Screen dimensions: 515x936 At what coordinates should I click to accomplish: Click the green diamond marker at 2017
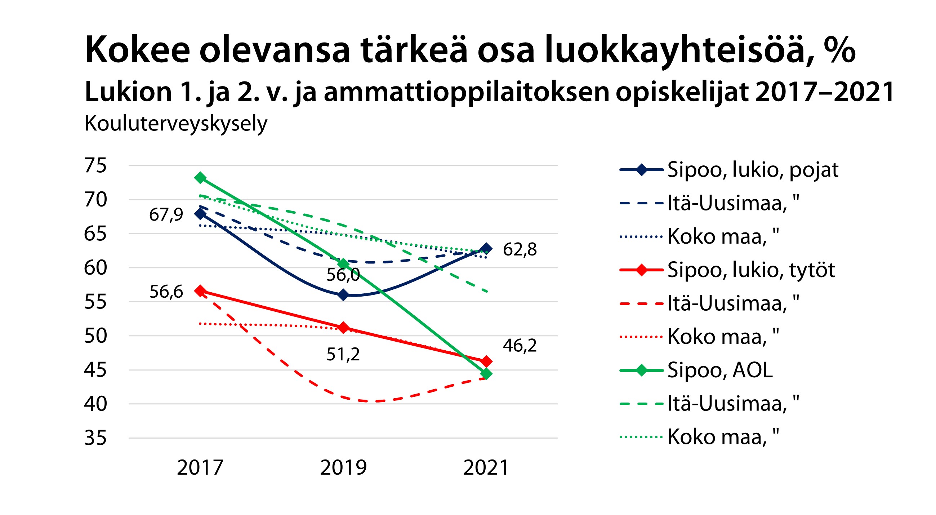point(200,178)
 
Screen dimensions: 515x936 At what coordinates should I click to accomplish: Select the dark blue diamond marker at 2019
point(343,295)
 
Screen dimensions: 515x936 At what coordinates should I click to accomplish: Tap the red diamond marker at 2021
point(486,361)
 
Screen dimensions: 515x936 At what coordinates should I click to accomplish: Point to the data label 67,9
point(166,214)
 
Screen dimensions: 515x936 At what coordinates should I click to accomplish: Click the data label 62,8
point(520,250)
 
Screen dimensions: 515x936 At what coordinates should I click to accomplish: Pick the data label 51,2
point(343,354)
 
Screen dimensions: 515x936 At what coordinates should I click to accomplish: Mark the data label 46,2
point(520,345)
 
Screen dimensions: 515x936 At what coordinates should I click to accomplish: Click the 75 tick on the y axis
point(95,165)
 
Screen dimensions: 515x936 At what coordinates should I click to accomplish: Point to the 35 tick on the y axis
point(95,438)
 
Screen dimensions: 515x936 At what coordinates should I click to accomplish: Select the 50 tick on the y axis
point(95,336)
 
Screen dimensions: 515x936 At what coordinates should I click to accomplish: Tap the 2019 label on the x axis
point(343,467)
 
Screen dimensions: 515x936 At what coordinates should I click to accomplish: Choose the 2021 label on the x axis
point(486,467)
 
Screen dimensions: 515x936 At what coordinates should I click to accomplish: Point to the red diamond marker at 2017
point(200,291)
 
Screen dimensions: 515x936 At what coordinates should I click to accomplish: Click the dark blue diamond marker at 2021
point(486,249)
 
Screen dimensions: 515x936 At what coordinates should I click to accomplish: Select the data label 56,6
point(166,292)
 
